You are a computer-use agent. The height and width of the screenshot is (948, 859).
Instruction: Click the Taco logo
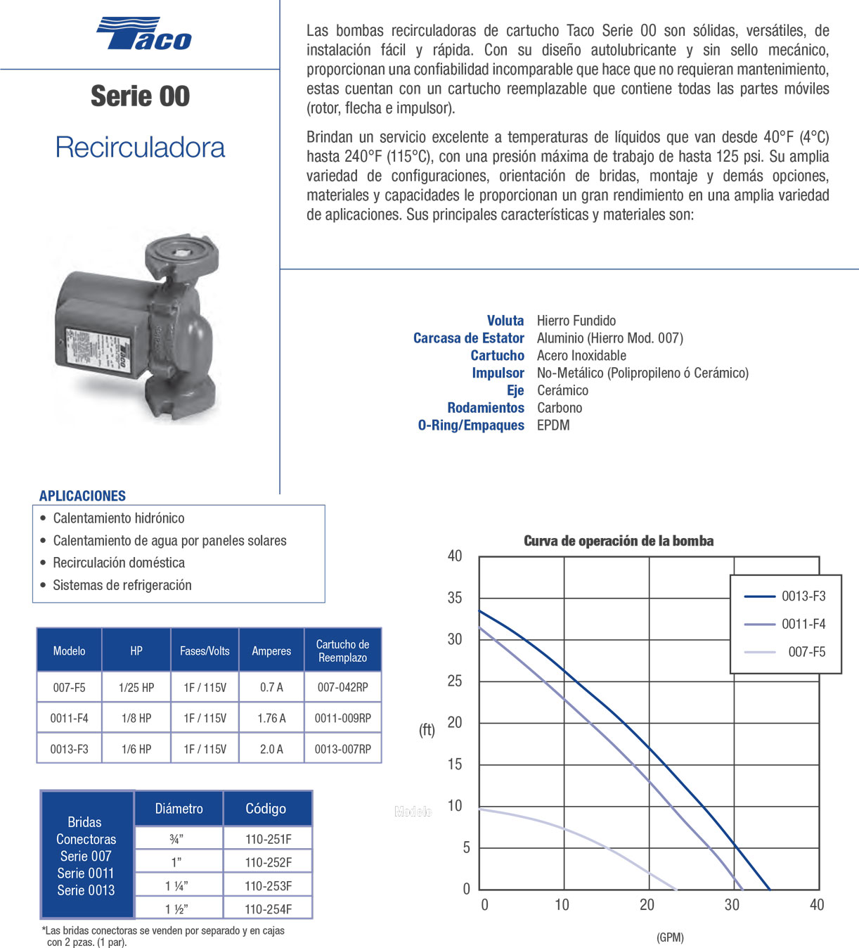tap(144, 34)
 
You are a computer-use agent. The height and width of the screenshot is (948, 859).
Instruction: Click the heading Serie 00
tap(140, 96)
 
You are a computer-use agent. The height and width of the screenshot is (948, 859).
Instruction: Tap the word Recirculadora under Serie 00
tap(140, 147)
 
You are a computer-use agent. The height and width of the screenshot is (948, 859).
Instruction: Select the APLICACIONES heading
tap(82, 496)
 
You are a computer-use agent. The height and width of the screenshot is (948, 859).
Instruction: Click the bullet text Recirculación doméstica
tap(119, 563)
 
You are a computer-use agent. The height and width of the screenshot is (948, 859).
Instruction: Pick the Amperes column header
tap(271, 651)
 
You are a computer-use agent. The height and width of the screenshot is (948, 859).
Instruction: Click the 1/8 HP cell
tap(136, 718)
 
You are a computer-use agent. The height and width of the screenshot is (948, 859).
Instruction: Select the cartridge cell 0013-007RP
tap(342, 749)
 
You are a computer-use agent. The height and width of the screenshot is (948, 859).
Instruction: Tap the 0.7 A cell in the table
tap(271, 687)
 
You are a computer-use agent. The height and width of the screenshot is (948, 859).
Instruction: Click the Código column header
tap(266, 809)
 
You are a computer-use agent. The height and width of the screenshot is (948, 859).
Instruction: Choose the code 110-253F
tap(268, 886)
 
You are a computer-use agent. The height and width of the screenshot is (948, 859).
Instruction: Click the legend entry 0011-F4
tap(803, 624)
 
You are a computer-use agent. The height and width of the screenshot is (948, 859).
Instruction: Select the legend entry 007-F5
tap(806, 652)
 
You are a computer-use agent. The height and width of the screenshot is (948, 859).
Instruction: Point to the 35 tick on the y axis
tap(455, 598)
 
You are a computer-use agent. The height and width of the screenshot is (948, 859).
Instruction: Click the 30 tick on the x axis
tap(732, 904)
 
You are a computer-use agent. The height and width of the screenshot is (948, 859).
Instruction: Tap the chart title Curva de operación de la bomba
tap(619, 541)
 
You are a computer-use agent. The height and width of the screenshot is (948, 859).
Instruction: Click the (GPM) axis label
tap(670, 937)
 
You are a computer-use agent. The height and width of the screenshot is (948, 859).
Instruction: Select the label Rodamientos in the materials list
tap(486, 408)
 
